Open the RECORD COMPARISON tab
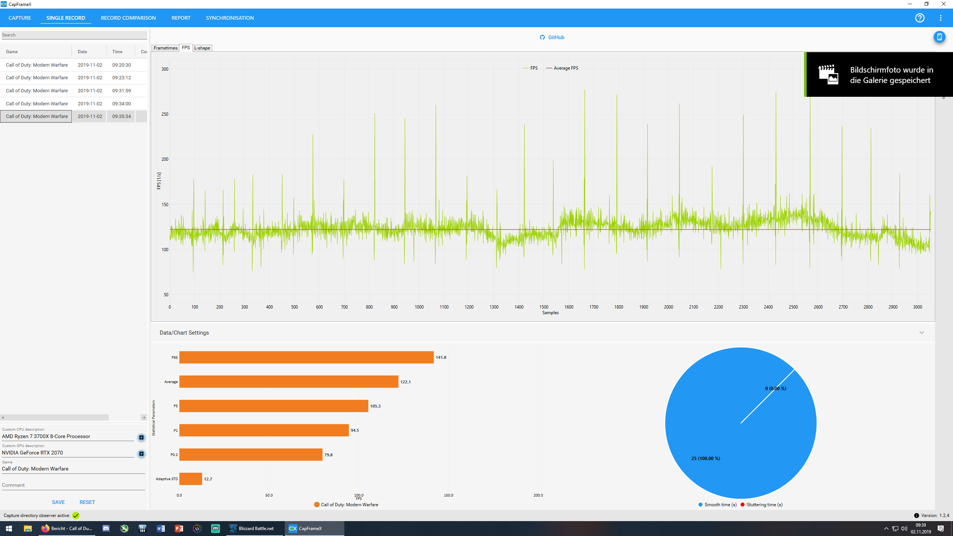coord(128,18)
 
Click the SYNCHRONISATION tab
coord(230,18)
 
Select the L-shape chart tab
coord(202,48)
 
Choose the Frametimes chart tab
coord(165,48)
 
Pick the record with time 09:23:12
coord(121,78)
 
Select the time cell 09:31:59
coord(121,91)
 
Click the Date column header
coord(83,52)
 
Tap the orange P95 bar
coord(306,357)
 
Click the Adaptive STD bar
coord(191,479)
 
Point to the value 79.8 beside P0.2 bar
coord(328,455)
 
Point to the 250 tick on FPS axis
coord(165,114)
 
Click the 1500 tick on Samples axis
coord(544,307)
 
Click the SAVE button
coord(58,502)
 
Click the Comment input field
coord(73,485)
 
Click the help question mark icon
coord(919,18)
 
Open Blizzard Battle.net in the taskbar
coord(255,529)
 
